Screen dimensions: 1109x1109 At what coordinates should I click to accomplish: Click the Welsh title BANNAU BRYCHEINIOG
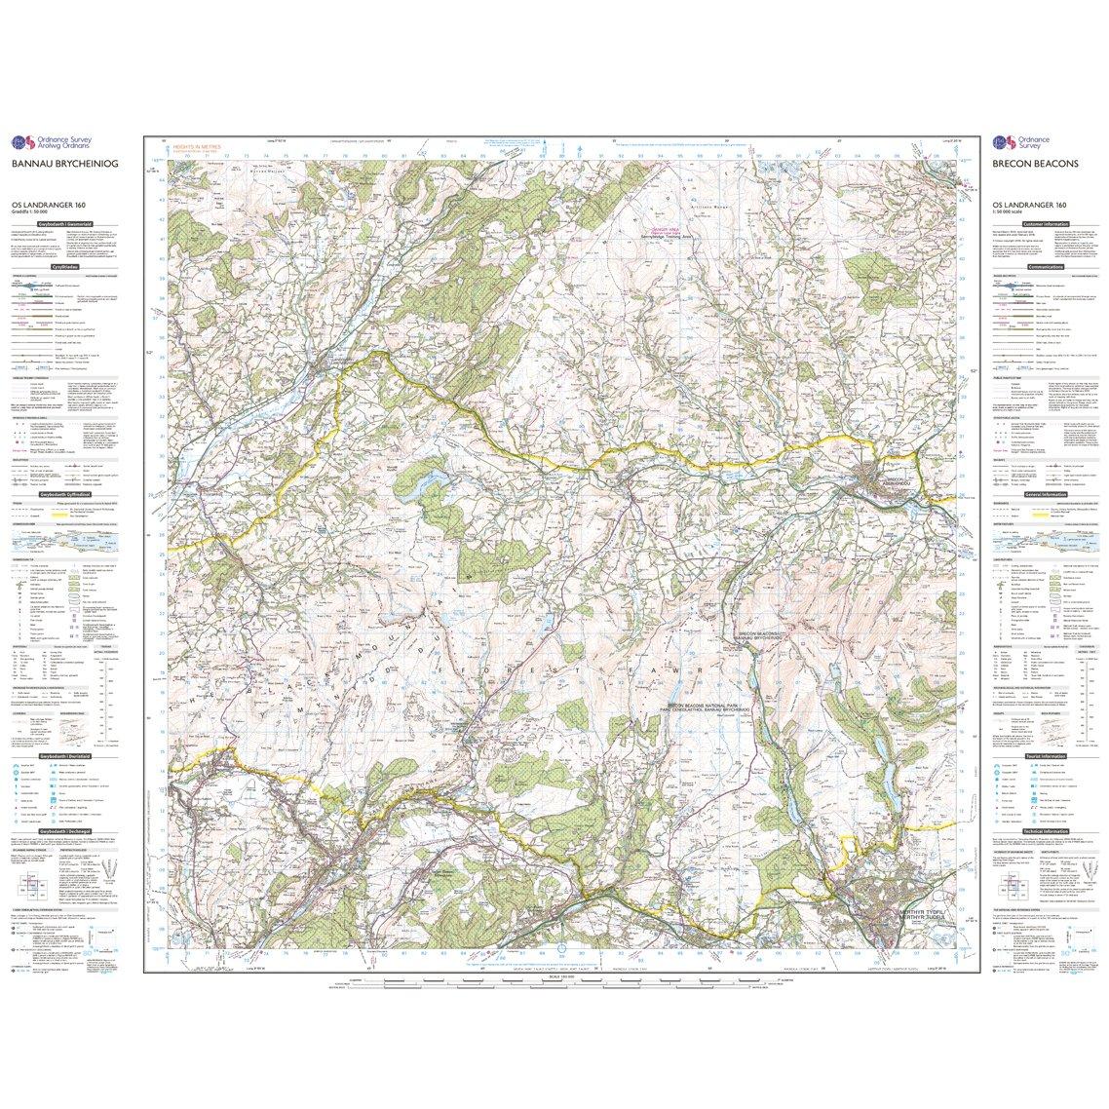pos(63,165)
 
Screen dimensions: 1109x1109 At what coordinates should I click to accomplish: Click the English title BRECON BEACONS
pos(1035,165)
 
